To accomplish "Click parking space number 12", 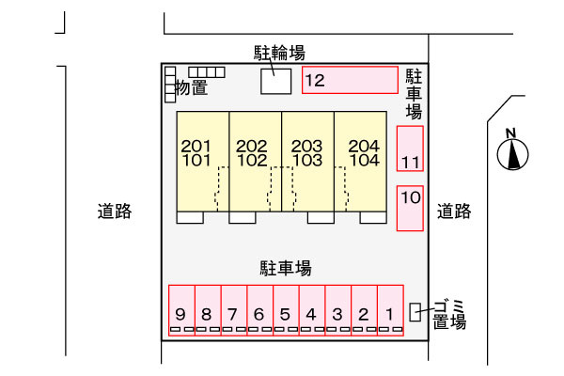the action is (x=350, y=80).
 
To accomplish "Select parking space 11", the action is (x=410, y=149).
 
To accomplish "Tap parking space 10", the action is (x=410, y=208).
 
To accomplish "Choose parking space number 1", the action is (x=390, y=310).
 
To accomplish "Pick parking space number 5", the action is (x=286, y=310).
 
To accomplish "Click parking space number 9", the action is (x=181, y=310).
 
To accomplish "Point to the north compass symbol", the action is (x=512, y=150).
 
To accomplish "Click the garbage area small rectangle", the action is (x=415, y=312).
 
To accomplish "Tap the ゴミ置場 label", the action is (x=449, y=315).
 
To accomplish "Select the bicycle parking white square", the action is (x=275, y=82).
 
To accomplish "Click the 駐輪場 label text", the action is (x=279, y=53).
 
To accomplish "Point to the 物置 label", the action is (x=192, y=87).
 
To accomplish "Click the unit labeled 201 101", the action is (x=202, y=162).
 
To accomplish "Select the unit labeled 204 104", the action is (x=360, y=162).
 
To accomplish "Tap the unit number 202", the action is (x=251, y=146).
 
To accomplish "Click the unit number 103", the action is (x=306, y=161).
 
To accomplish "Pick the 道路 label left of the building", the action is (x=115, y=211).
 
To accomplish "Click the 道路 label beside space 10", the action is (x=454, y=211).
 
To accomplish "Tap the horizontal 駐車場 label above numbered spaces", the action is (x=286, y=268).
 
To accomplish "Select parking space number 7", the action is (x=234, y=310).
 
